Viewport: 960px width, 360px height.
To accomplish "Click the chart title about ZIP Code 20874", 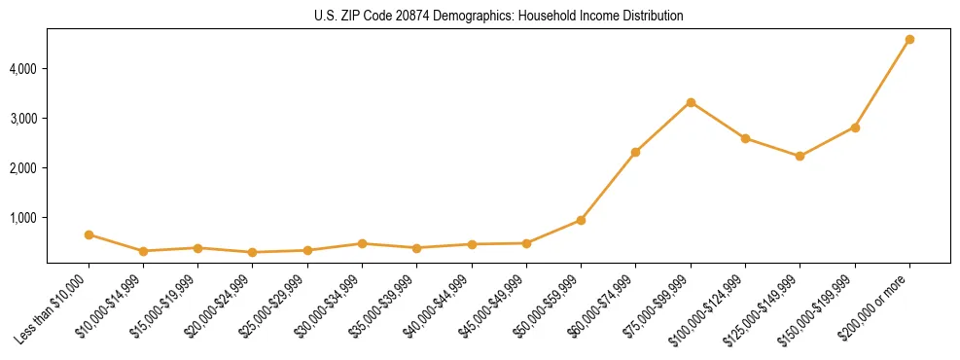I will (x=498, y=17).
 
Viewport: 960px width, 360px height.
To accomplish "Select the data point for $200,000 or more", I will (x=909, y=40).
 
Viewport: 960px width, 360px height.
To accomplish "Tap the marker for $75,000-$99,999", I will (x=691, y=102).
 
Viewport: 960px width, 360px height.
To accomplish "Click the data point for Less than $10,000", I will (x=89, y=234).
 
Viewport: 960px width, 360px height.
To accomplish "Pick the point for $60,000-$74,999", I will (x=635, y=152).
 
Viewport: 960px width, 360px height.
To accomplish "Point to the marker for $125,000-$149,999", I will (x=800, y=156).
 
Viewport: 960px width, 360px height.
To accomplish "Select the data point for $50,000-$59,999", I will (x=581, y=220).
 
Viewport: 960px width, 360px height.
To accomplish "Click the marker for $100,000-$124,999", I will (x=745, y=138).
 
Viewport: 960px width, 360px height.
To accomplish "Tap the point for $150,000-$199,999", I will (x=855, y=127).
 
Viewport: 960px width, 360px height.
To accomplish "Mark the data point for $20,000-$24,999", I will (x=253, y=252).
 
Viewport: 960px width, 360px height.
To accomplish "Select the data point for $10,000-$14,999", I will (x=143, y=251).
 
